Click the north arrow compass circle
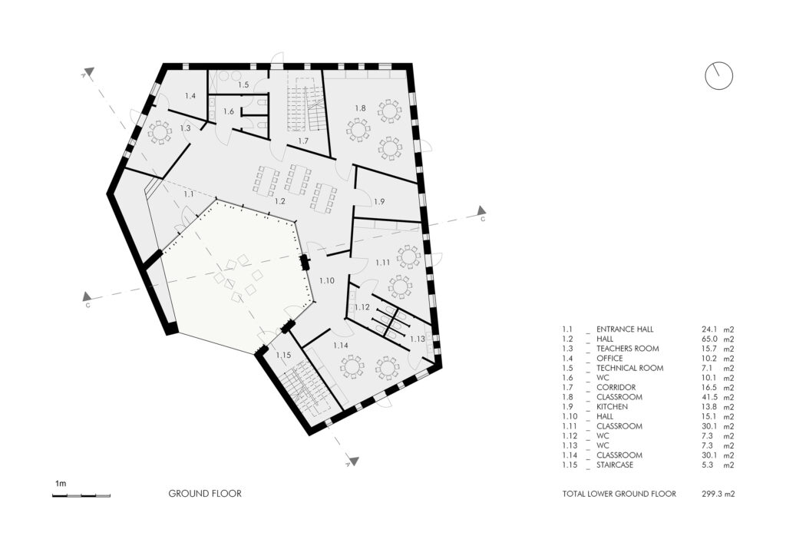pyautogui.click(x=718, y=63)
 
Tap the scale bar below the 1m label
pyautogui.click(x=81, y=496)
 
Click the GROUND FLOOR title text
pyautogui.click(x=205, y=493)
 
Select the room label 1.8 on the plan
pyautogui.click(x=361, y=108)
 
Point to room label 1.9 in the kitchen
pyautogui.click(x=379, y=201)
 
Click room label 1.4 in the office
pyautogui.click(x=190, y=95)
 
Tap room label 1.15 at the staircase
pyautogui.click(x=283, y=355)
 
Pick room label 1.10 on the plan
pyautogui.click(x=327, y=281)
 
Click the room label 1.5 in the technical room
pyautogui.click(x=243, y=84)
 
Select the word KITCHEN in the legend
pyautogui.click(x=612, y=406)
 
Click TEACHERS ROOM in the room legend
pyautogui.click(x=628, y=349)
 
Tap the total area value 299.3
pyautogui.click(x=712, y=494)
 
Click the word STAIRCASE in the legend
pyautogui.click(x=615, y=465)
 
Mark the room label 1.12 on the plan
pyautogui.click(x=362, y=307)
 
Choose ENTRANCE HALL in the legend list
pyautogui.click(x=625, y=329)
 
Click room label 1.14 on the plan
pyautogui.click(x=340, y=346)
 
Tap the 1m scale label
pyautogui.click(x=61, y=484)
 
